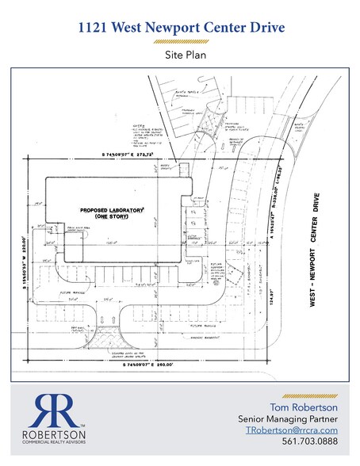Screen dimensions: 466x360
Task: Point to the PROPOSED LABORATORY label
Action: (111, 209)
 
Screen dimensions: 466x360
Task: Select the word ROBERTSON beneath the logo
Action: (52, 434)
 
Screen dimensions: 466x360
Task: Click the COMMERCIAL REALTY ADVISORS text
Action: (52, 443)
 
